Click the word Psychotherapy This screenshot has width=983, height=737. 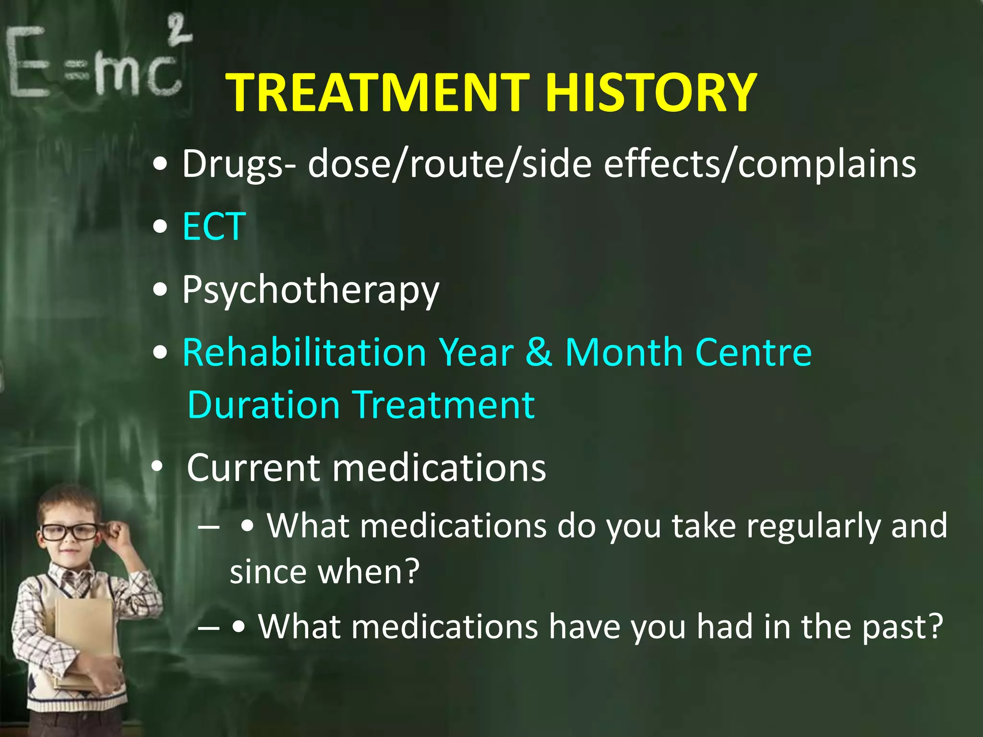click(311, 290)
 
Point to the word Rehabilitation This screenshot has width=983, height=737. click(304, 352)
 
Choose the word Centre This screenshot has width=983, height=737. click(753, 352)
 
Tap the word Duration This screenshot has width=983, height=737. click(264, 405)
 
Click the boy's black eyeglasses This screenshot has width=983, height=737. click(70, 532)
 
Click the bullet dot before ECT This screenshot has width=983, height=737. click(160, 227)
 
